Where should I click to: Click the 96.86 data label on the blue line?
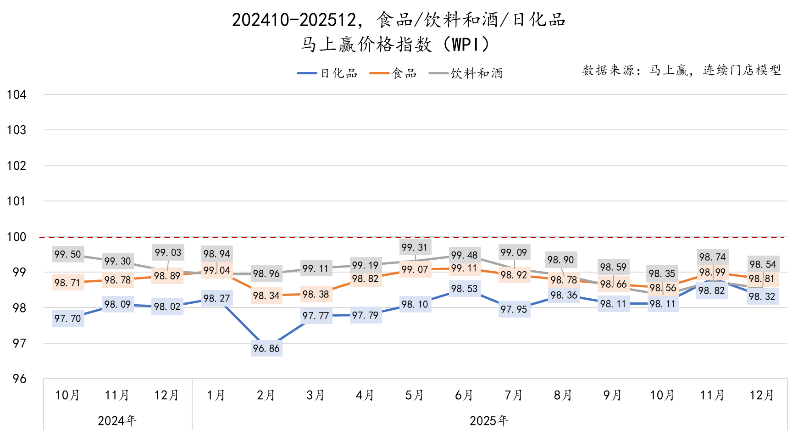(x=266, y=348)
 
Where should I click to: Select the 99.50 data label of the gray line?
(x=68, y=254)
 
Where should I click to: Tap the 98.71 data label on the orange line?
(x=68, y=283)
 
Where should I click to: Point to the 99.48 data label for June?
(x=464, y=255)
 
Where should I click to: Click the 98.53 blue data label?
(x=464, y=289)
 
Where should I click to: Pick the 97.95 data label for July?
(x=514, y=309)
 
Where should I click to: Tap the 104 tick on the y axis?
(x=17, y=95)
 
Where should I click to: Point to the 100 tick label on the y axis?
(x=17, y=237)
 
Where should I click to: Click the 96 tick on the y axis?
(x=19, y=379)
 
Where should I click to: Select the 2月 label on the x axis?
(x=266, y=395)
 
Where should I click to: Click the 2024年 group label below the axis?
(x=117, y=420)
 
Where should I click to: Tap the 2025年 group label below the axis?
(x=489, y=420)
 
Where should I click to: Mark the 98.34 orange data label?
(x=266, y=296)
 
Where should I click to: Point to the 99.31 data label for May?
(x=415, y=247)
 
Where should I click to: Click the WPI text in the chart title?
(x=465, y=45)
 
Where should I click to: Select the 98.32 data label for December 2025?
(x=762, y=296)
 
